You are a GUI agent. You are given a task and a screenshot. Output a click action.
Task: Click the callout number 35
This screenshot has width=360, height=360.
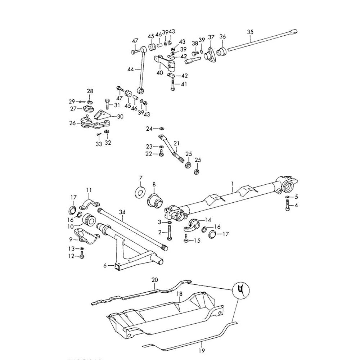point(251,32)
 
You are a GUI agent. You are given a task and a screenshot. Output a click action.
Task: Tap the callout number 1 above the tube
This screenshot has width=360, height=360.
point(233,183)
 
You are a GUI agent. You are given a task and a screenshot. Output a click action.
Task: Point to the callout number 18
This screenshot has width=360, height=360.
point(179,294)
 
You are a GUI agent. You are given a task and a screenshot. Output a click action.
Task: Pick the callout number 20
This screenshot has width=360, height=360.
point(155,280)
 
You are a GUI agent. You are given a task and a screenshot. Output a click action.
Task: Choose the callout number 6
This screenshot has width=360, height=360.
point(105,265)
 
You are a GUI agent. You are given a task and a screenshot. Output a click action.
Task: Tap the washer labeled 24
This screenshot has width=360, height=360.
point(162,129)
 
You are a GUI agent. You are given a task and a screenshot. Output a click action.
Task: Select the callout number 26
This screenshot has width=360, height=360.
point(73,123)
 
